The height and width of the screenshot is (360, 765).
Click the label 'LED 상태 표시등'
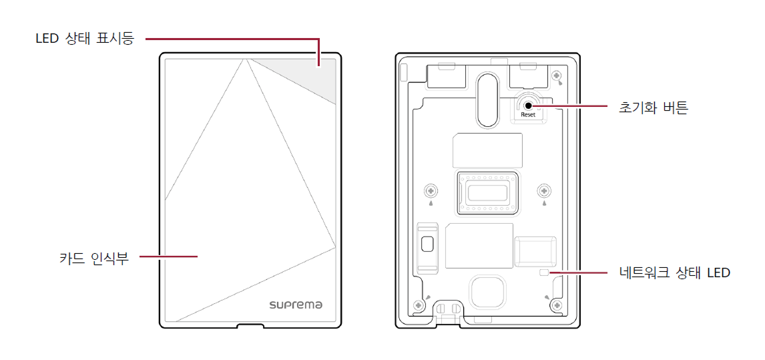[85, 39]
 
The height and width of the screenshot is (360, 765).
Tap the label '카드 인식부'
[93, 258]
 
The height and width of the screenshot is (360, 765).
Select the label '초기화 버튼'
[653, 107]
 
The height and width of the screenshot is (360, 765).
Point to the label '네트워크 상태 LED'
[674, 273]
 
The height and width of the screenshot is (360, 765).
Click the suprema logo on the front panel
[296, 305]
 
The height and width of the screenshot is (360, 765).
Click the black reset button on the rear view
[528, 104]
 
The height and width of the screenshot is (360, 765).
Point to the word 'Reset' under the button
[528, 115]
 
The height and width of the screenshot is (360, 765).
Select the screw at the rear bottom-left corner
[419, 305]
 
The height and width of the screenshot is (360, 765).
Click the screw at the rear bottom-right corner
[556, 305]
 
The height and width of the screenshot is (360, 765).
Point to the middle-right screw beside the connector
[544, 190]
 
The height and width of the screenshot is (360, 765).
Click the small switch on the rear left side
[427, 243]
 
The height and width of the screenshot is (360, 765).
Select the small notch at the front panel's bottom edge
[250, 326]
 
